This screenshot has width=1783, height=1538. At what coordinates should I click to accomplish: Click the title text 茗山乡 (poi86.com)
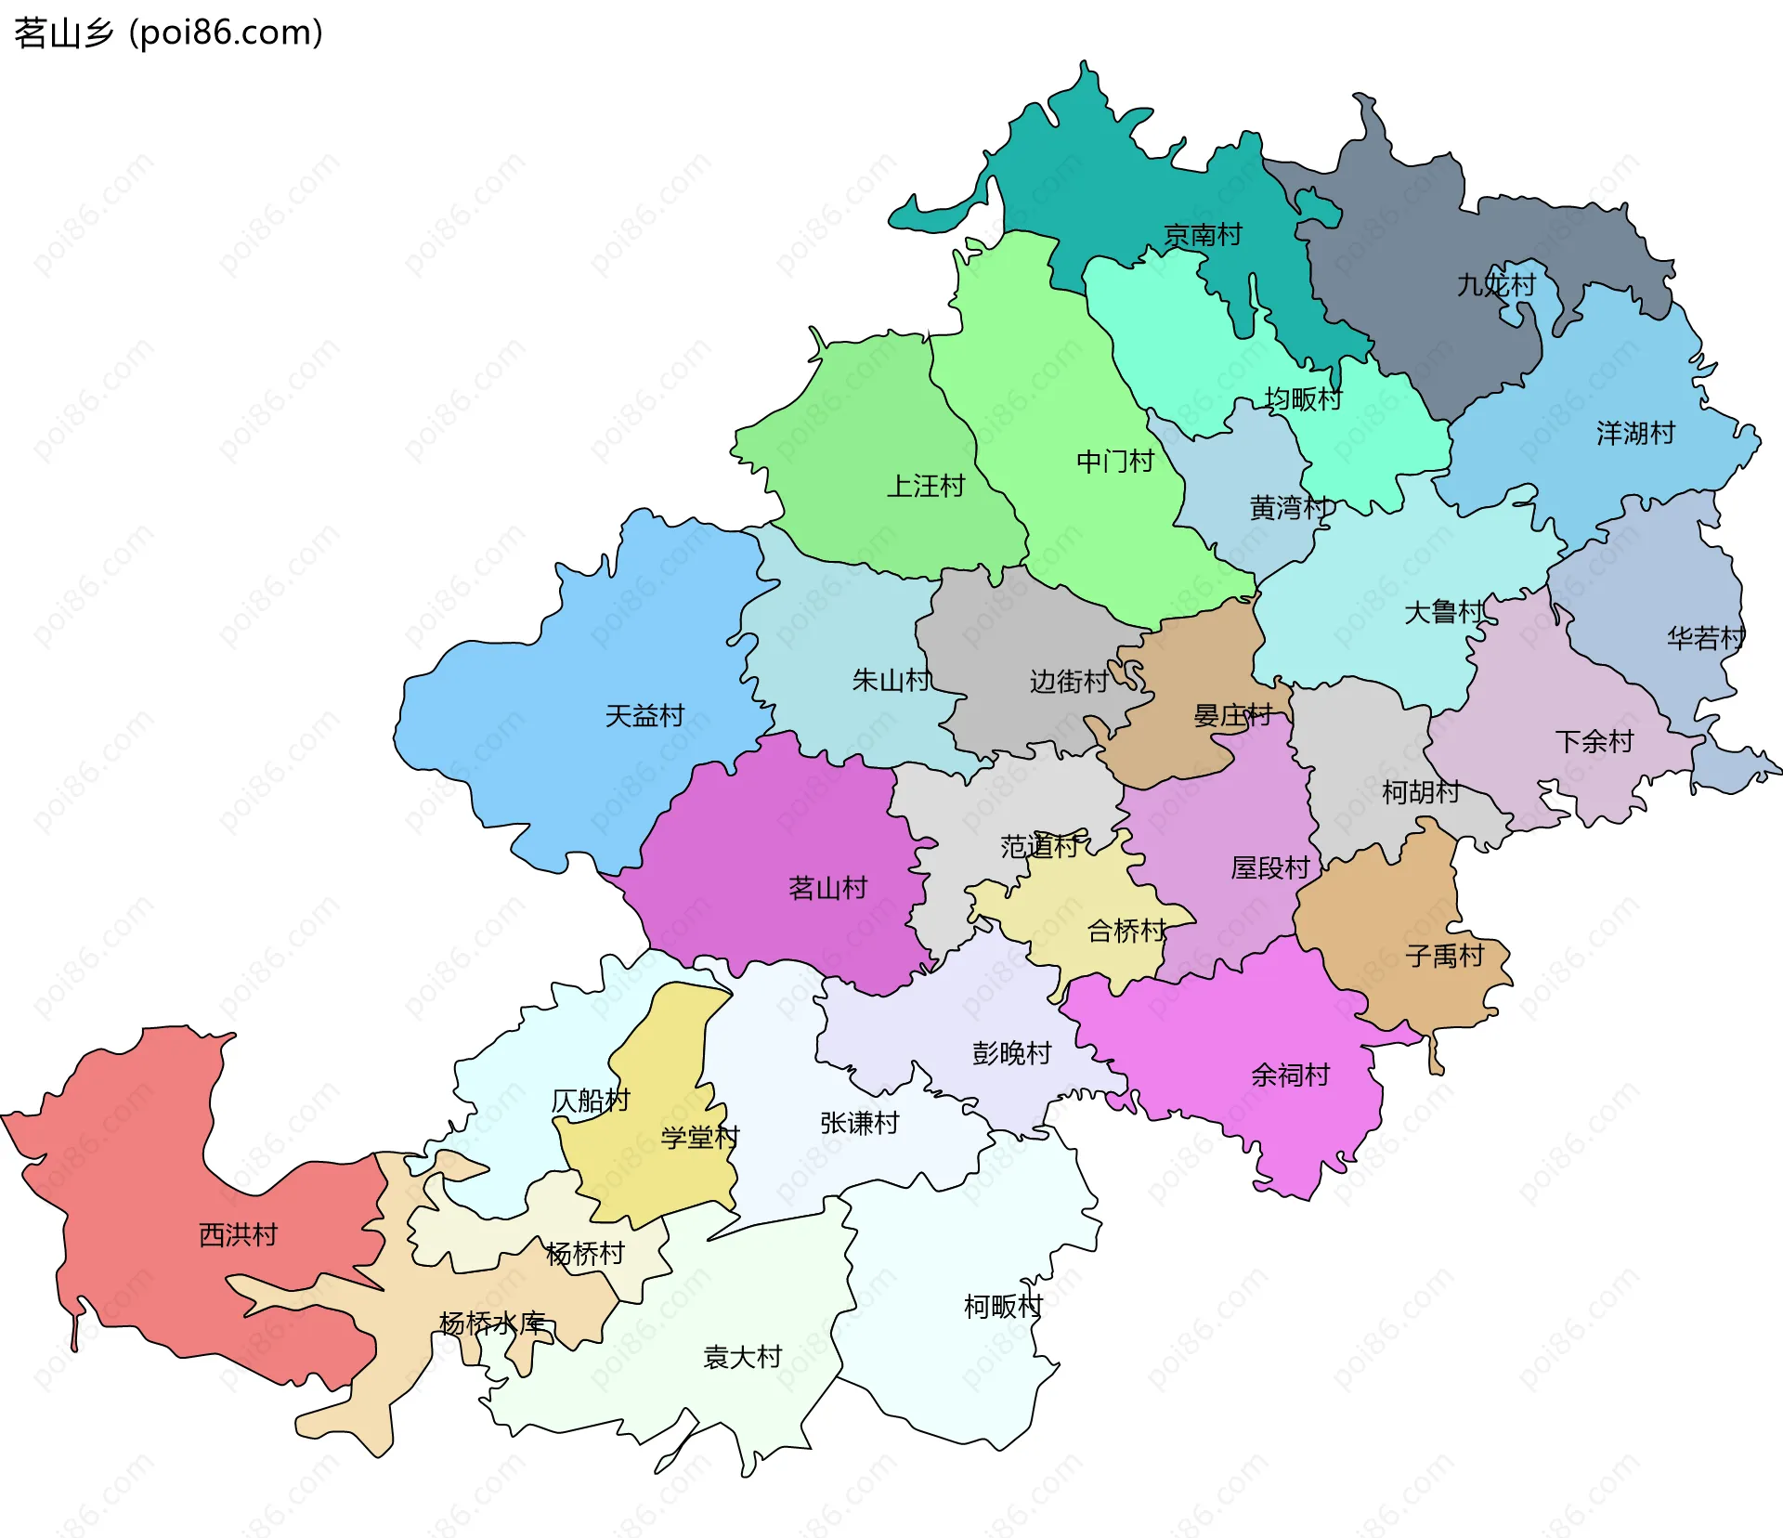[168, 33]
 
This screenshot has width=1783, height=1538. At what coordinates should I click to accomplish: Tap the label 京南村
[1203, 235]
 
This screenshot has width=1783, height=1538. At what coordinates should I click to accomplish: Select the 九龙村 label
[1496, 284]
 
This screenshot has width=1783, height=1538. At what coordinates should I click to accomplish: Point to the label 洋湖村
[1635, 433]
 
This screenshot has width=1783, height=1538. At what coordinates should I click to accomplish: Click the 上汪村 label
[926, 486]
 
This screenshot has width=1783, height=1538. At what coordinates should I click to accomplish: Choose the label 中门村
[1114, 462]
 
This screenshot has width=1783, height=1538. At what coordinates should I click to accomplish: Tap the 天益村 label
[644, 716]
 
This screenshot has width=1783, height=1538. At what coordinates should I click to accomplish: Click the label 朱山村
[891, 681]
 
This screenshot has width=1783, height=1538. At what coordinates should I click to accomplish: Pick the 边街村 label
[1068, 682]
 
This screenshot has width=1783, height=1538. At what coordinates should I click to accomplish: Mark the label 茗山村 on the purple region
[827, 888]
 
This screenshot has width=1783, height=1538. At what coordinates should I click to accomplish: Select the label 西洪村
[239, 1234]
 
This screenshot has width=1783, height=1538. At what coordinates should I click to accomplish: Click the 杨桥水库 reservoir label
[492, 1323]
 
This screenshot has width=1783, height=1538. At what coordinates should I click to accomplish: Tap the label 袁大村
[743, 1358]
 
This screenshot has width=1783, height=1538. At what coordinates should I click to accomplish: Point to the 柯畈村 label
[1003, 1307]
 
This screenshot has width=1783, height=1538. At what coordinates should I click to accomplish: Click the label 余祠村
[1290, 1075]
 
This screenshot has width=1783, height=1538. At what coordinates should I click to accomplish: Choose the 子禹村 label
[1445, 956]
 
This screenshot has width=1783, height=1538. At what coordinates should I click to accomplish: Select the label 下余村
[1594, 741]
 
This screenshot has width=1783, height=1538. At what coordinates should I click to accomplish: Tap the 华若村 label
[1705, 638]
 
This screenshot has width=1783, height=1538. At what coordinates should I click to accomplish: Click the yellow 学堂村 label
[699, 1138]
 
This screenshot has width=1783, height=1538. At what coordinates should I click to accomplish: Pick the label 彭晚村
[1011, 1053]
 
